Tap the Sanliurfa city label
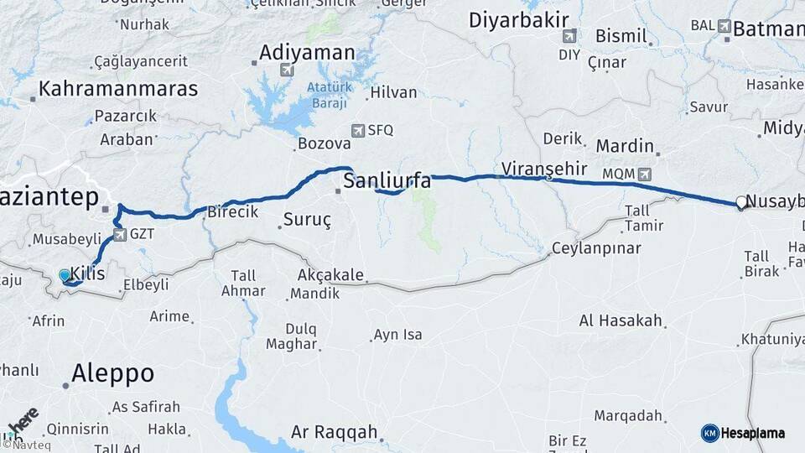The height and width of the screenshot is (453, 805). coord(387,181)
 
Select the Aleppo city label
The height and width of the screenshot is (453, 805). coord(112,373)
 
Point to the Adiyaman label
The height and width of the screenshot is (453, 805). coord(307,52)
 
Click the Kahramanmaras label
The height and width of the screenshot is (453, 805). coord(118,88)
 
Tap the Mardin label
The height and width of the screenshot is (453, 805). coord(625,145)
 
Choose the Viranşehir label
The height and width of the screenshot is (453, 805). coord(543,168)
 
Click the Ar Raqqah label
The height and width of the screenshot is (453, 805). coord(334,433)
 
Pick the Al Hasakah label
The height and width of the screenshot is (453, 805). coord(621,320)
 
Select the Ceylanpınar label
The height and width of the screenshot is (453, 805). coord(595,248)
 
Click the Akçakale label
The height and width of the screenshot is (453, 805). coord(330,274)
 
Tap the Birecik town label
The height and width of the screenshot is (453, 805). coord(232,211)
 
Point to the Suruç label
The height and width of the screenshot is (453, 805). coord(305,221)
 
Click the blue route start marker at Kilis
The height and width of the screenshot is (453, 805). coord(65,274)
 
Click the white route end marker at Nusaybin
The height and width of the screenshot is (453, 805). coord(740,201)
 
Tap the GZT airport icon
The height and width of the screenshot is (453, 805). coord(120,235)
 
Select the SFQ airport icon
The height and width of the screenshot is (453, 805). coord(359,130)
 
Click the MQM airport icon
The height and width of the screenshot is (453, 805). coord(644,174)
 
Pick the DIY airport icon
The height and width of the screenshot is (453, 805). coord(569,36)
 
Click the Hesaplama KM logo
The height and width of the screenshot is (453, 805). coord(709,432)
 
